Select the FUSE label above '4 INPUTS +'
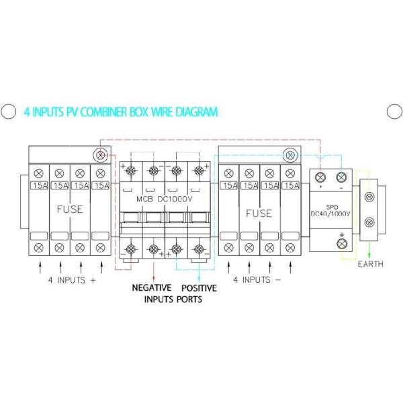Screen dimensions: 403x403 [x=69, y=209]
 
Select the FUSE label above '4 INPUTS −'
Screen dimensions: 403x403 [x=259, y=213]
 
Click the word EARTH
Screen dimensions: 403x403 [x=370, y=264]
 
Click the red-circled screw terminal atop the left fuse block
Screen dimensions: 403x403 [x=101, y=154]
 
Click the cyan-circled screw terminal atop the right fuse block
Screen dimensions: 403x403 [x=290, y=154]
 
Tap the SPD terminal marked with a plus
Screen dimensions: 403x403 [x=320, y=177]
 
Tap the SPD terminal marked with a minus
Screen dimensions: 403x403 [x=341, y=177]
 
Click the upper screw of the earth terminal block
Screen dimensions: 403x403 [x=369, y=197]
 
